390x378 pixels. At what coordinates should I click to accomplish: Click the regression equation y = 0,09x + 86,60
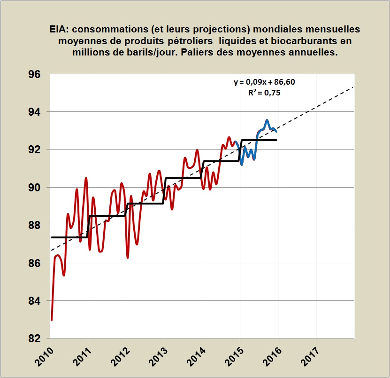(x=264, y=82)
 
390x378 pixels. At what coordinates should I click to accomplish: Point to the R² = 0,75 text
(x=264, y=93)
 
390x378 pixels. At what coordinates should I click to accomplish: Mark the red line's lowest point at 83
(x=52, y=320)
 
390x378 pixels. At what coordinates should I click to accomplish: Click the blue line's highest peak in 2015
(x=267, y=120)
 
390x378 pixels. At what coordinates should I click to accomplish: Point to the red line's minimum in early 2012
(x=128, y=258)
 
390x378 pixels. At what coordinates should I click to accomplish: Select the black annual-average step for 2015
(x=258, y=140)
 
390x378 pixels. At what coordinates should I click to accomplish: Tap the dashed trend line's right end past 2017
(x=352, y=87)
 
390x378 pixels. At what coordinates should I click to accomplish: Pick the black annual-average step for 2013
(x=183, y=178)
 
